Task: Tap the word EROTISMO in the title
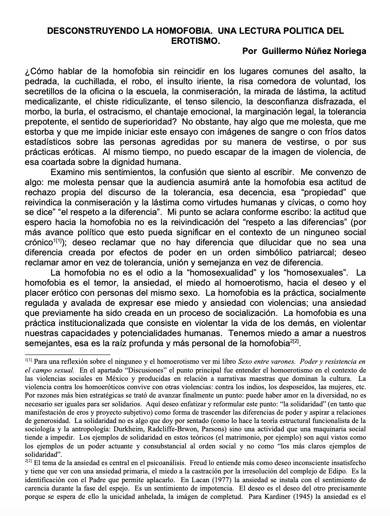pos(195,41)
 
